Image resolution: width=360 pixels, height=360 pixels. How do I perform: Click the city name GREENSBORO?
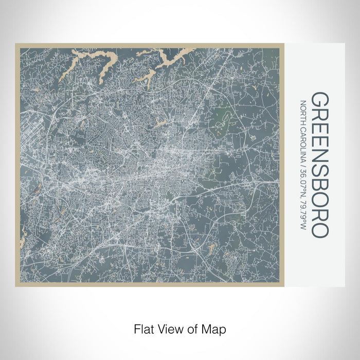319,165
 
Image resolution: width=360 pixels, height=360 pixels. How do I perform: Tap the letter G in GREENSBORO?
319,101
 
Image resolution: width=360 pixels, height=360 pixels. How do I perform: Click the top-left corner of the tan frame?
16,44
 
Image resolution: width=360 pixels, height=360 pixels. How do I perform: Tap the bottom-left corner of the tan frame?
16,285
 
